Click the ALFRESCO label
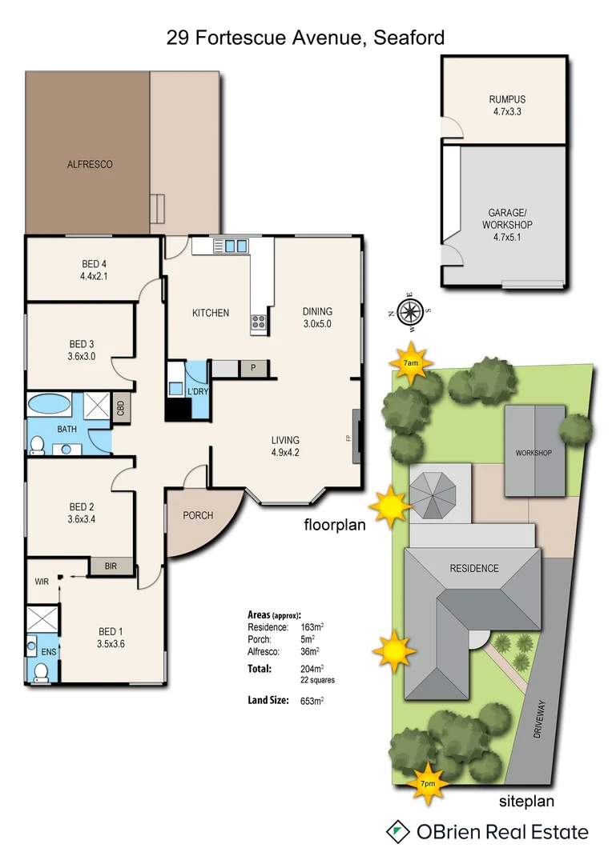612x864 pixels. pyautogui.click(x=90, y=164)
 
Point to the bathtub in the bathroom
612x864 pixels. pyautogui.click(x=50, y=404)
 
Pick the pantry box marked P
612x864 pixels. pyautogui.click(x=254, y=368)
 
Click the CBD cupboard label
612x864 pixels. pyautogui.click(x=120, y=408)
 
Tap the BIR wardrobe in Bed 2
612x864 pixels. pyautogui.click(x=111, y=566)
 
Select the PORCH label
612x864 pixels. pyautogui.click(x=198, y=515)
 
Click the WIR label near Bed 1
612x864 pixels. pyautogui.click(x=42, y=582)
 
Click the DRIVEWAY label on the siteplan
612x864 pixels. pyautogui.click(x=541, y=719)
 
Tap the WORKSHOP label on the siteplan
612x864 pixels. pyautogui.click(x=534, y=454)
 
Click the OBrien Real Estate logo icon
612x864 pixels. pyautogui.click(x=396, y=831)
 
